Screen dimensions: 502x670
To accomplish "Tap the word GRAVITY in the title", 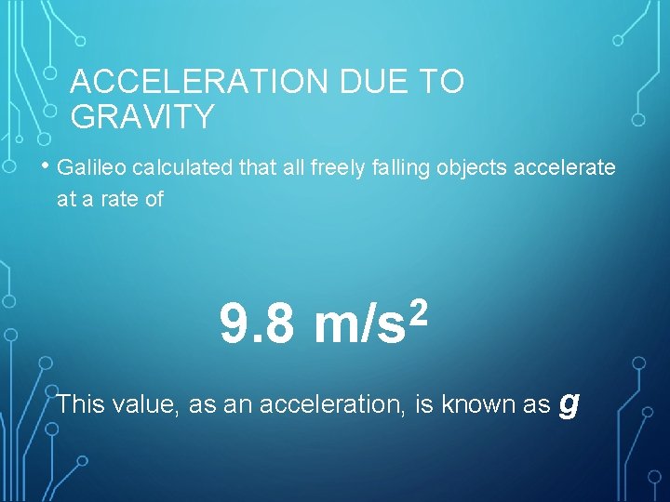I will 142,117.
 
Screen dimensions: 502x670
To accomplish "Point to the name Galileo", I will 91,167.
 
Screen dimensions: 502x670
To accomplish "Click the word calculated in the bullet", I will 183,167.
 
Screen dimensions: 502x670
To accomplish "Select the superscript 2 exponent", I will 419,307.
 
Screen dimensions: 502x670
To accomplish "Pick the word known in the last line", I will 471,404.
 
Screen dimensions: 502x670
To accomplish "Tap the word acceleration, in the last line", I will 330,404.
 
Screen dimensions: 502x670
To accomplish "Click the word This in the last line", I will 81,404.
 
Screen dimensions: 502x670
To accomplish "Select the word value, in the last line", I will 146,404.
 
